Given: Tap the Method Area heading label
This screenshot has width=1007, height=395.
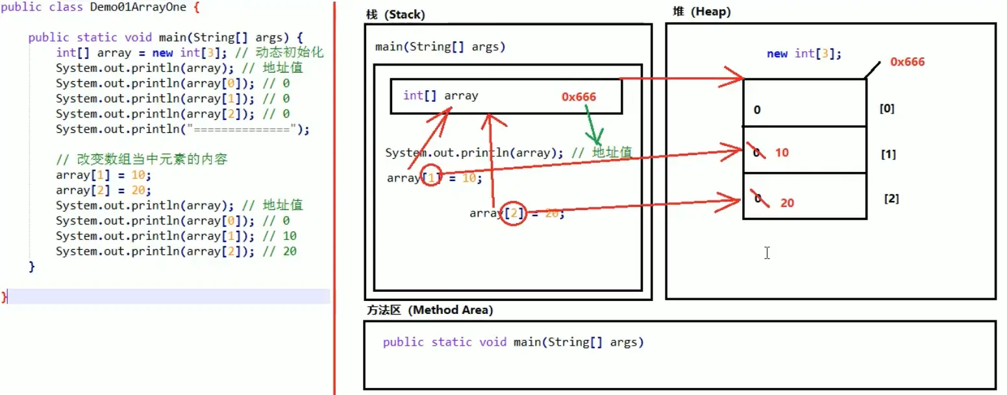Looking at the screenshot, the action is (429, 310).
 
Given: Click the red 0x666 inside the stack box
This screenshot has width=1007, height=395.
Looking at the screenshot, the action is (578, 97).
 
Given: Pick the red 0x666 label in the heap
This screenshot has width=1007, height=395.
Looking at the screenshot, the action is (907, 62).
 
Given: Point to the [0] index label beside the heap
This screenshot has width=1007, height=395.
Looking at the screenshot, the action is (886, 108).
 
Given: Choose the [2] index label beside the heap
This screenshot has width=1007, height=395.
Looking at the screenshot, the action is (891, 198).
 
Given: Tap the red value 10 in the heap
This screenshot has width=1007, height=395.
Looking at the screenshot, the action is (782, 153).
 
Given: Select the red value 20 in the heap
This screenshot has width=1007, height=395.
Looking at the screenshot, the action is (787, 203).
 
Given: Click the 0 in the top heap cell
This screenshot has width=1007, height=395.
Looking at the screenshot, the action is (757, 110).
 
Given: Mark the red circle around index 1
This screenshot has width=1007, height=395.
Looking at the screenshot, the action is (431, 176).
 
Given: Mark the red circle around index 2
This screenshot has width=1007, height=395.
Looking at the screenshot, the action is (513, 213).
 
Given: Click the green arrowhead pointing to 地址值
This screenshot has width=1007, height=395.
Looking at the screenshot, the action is (593, 138).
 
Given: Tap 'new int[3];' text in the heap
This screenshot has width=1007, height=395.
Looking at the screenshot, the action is (804, 54).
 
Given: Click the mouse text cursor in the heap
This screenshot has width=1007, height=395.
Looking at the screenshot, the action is (767, 253).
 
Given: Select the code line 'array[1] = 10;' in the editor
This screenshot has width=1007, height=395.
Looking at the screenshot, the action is (103, 175).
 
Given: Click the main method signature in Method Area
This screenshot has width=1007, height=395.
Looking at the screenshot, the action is (513, 342).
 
